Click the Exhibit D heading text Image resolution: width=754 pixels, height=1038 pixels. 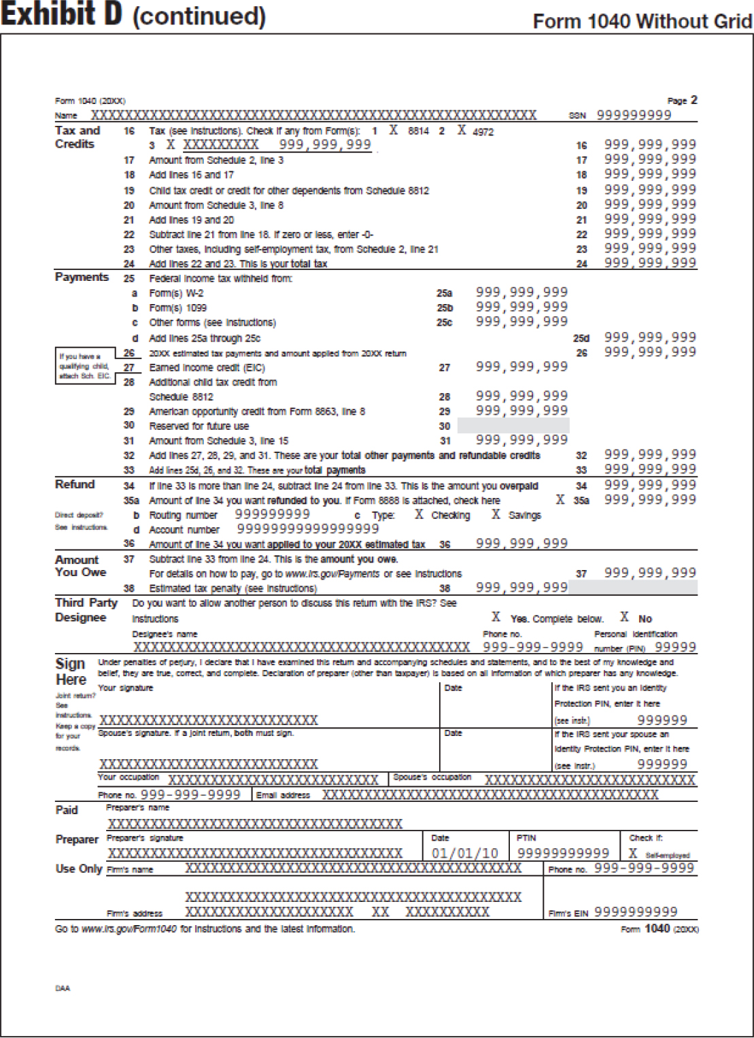[x=133, y=15]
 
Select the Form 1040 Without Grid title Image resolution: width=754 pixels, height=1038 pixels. [x=642, y=22]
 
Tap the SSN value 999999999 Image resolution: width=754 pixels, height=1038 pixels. [x=634, y=115]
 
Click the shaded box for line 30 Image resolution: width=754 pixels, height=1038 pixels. [x=513, y=426]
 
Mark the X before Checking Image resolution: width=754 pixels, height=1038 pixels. [x=419, y=515]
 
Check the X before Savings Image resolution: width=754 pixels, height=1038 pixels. [x=496, y=515]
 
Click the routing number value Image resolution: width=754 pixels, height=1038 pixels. [x=272, y=514]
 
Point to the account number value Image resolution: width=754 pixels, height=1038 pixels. [x=307, y=529]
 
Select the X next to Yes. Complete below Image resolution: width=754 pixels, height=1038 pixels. [x=496, y=618]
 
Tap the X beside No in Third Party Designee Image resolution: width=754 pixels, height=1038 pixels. [x=624, y=618]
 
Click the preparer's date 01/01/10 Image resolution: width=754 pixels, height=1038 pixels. [x=465, y=853]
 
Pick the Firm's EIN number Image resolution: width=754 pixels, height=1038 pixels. [x=636, y=912]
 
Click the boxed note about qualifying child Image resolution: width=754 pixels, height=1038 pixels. [x=84, y=366]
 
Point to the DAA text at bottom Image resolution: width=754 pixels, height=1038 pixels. [x=63, y=988]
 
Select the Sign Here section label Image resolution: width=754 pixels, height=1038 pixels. [x=71, y=671]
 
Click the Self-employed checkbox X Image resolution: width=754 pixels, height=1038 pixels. [x=633, y=854]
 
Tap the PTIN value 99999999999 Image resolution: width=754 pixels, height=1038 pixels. [x=563, y=853]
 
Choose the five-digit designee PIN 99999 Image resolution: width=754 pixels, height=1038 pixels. [x=675, y=648]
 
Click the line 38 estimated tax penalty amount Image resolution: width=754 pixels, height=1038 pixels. [x=521, y=588]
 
